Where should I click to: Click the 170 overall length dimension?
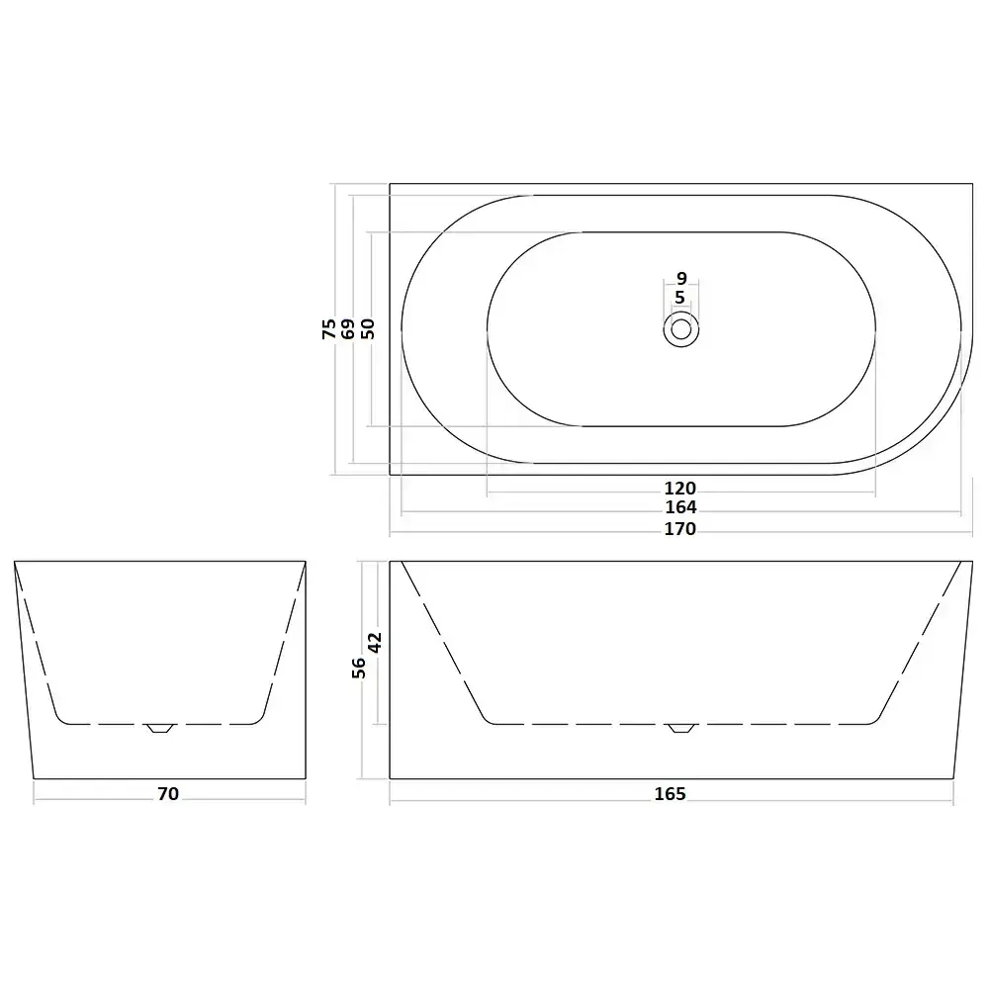click(680, 528)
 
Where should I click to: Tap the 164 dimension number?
click(680, 507)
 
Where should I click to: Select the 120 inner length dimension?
click(680, 489)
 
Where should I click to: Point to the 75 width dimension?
click(329, 328)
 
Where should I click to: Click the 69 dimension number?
click(348, 328)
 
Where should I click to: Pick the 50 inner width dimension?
click(367, 328)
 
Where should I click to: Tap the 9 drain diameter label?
click(681, 278)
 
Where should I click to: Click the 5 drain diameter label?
click(680, 298)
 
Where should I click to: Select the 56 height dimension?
click(359, 668)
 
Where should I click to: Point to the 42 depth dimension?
click(375, 643)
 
